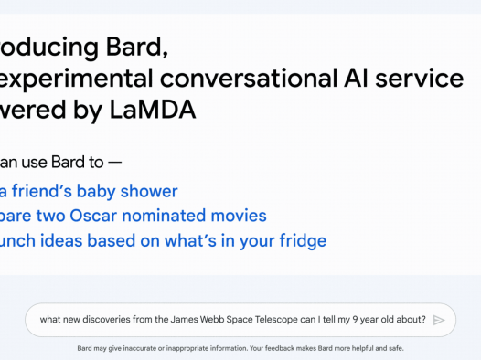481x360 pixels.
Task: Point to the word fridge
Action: (x=297, y=241)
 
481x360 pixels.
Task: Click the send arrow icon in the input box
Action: (x=439, y=320)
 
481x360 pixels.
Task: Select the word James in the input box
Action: (x=182, y=320)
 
